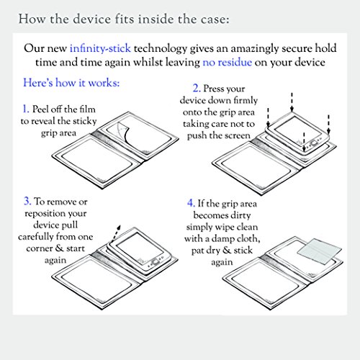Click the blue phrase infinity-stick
click(x=100, y=48)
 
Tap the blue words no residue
click(x=228, y=63)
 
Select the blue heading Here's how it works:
click(x=71, y=83)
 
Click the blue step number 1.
click(x=26, y=109)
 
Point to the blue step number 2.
click(x=197, y=88)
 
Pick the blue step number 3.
click(x=27, y=201)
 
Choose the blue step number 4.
click(x=191, y=203)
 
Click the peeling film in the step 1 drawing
click(x=124, y=132)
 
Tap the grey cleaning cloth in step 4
click(x=320, y=251)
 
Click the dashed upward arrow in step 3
click(x=116, y=234)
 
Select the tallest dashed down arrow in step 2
click(x=292, y=102)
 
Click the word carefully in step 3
click(x=36, y=237)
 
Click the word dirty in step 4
click(x=240, y=215)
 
